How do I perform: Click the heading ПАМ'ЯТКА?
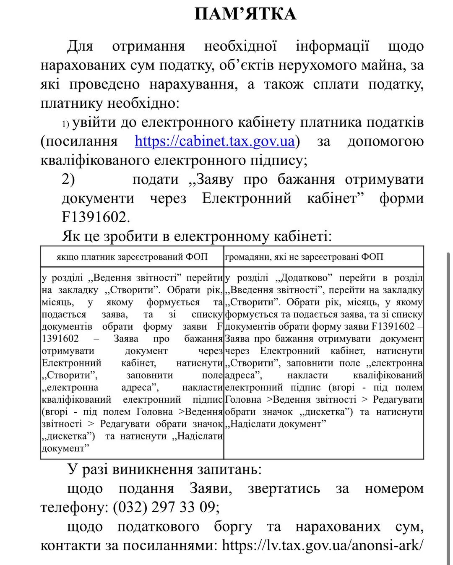[x=245, y=14]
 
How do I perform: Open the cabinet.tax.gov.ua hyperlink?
[x=215, y=141]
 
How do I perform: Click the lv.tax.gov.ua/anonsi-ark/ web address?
[x=322, y=545]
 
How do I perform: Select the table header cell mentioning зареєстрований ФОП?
[x=132, y=257]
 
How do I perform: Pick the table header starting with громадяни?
[x=304, y=257]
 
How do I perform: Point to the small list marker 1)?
[x=66, y=124]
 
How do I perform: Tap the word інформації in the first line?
[x=332, y=46]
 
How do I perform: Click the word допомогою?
[x=385, y=141]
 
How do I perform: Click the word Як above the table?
[x=71, y=236]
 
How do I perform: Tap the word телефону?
[x=74, y=507]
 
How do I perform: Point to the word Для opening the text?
[x=80, y=46]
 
